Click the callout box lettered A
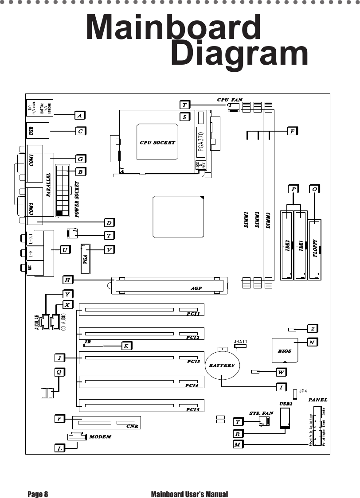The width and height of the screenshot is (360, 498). pos(80,115)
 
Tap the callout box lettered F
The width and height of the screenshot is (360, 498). pos(292,131)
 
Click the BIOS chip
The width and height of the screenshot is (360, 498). pos(285,350)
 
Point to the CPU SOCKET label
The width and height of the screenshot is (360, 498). pos(157,143)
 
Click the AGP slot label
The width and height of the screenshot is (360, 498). pos(196,288)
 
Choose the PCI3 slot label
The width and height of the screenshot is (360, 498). pos(194,361)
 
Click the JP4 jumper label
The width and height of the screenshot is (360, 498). pos(304,391)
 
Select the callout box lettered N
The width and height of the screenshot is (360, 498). pos(313,342)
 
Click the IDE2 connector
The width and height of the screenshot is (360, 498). pos(287,246)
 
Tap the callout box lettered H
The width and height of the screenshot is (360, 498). pos(67,280)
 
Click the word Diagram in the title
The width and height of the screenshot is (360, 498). pos(239,54)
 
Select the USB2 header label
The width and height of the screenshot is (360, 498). pos(286,404)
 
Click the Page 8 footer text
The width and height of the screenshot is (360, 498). pos(38,494)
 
